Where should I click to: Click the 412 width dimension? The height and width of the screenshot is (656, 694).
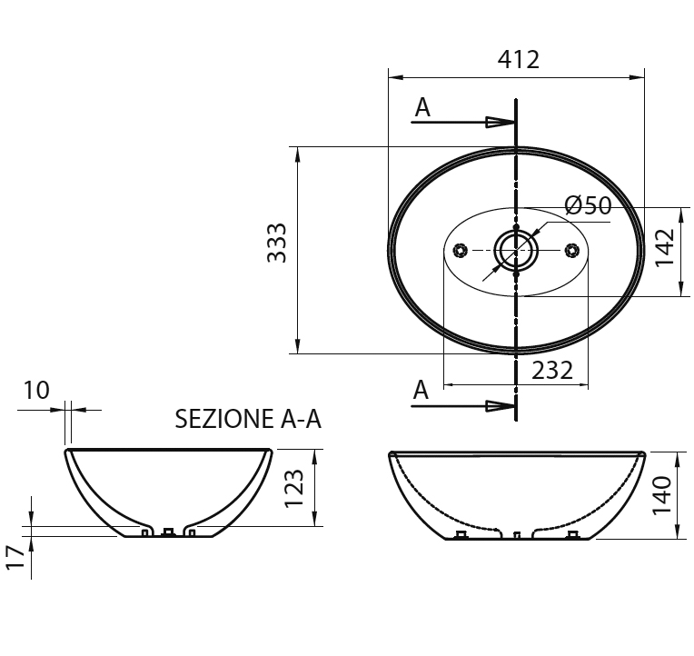tap(519, 60)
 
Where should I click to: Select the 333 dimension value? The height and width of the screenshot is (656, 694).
tap(277, 243)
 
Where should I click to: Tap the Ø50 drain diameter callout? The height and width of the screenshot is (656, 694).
tap(589, 205)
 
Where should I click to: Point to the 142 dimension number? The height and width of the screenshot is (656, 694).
tap(664, 247)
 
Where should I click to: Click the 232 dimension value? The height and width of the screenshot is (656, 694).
tap(552, 371)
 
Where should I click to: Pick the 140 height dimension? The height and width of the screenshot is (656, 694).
tap(662, 495)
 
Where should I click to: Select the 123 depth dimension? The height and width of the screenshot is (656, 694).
tap(293, 488)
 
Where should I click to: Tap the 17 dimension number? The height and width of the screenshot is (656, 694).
tap(15, 557)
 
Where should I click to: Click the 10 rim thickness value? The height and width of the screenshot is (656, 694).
tap(35, 391)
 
